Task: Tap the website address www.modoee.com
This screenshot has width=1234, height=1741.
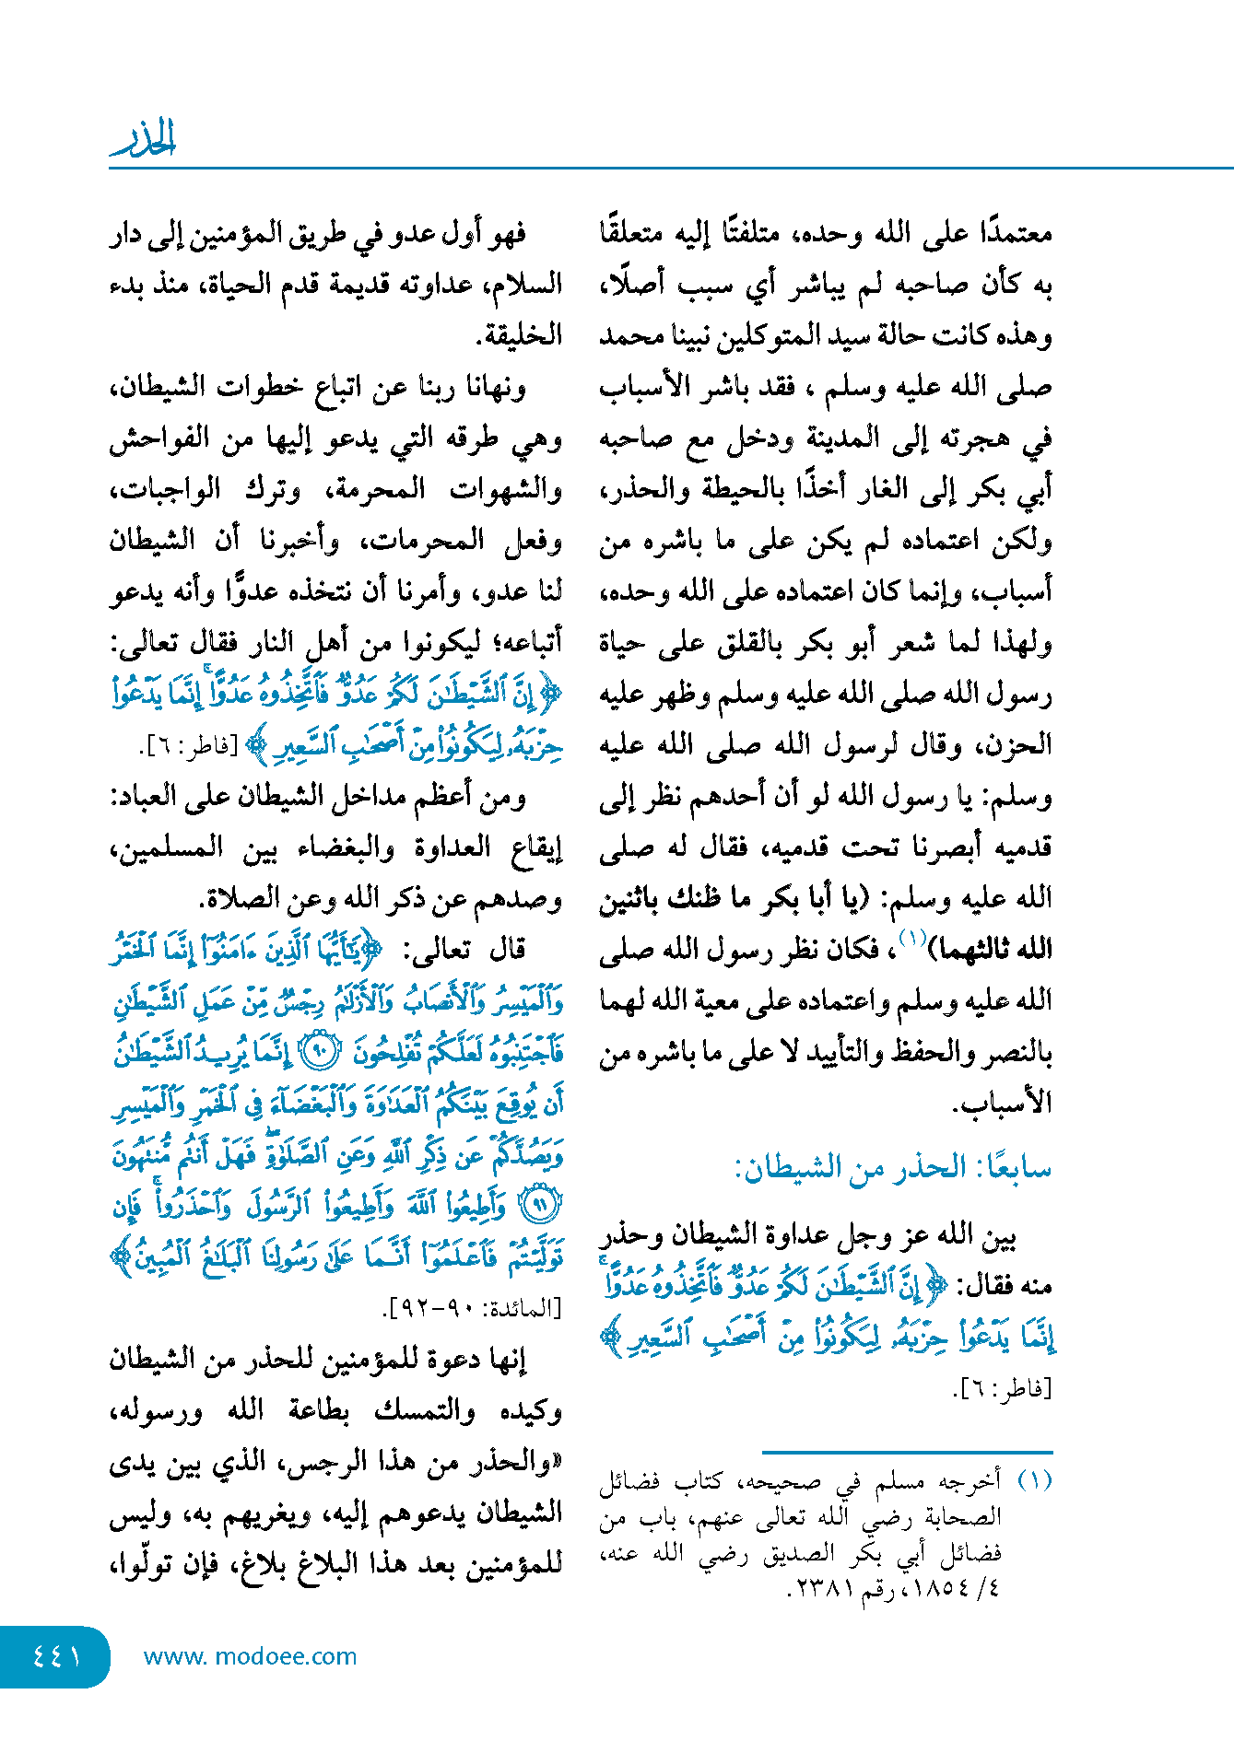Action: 250,1656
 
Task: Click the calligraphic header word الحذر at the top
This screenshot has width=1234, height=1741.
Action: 144,139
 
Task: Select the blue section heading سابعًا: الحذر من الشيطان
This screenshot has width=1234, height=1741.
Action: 892,1168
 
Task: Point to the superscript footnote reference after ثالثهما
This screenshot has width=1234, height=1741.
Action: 911,939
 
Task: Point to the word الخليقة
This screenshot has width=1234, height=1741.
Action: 519,335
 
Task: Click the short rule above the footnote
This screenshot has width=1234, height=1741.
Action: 907,1452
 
